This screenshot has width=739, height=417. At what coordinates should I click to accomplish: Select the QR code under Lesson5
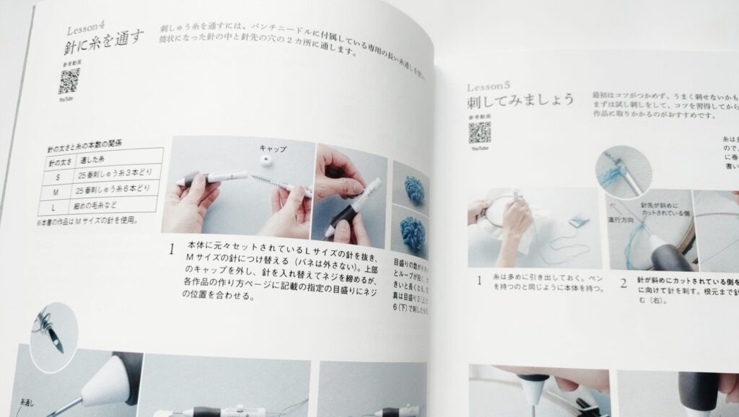[x=479, y=132]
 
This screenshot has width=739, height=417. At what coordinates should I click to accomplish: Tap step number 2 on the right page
[x=623, y=283]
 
